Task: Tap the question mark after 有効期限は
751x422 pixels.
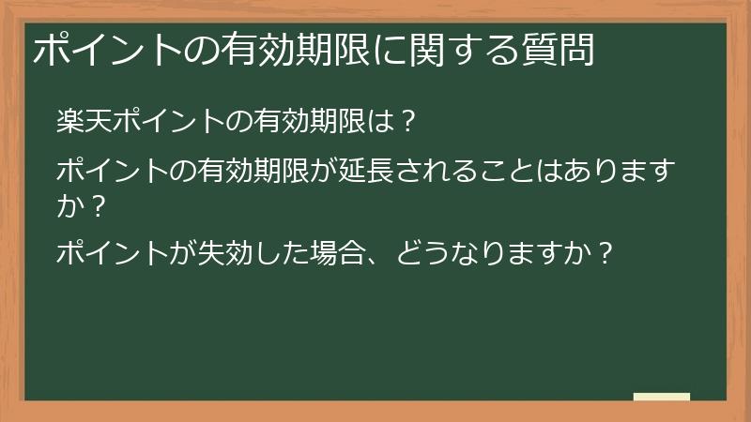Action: click(406, 121)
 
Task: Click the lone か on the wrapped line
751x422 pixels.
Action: click(69, 203)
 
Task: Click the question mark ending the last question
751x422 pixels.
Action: click(605, 254)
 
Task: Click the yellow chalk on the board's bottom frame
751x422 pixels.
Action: click(662, 397)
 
